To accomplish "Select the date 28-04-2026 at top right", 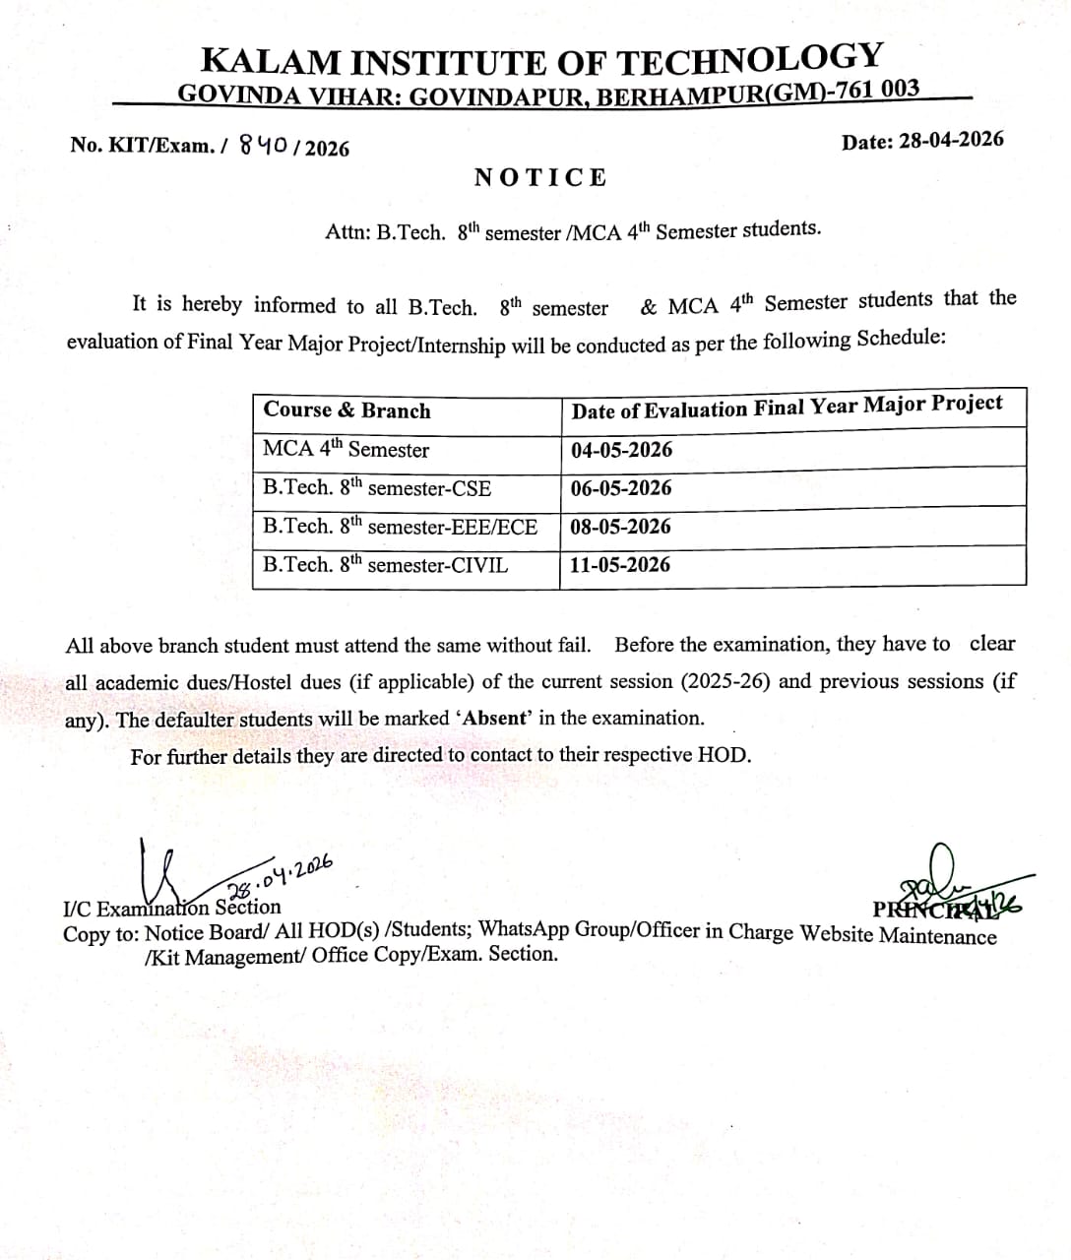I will click(952, 140).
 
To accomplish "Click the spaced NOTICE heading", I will click(540, 177).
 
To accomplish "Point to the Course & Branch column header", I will click(346, 410).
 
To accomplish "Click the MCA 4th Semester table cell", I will click(346, 450).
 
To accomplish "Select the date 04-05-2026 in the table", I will click(621, 450).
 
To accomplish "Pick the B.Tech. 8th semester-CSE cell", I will click(376, 488).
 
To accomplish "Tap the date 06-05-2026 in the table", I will click(621, 488).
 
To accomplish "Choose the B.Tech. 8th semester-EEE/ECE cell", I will click(400, 527).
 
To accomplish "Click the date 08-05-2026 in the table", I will click(620, 527).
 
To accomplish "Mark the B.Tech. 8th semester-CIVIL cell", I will click(385, 565).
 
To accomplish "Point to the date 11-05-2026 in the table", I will click(620, 565).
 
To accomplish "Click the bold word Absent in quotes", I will click(496, 718).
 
